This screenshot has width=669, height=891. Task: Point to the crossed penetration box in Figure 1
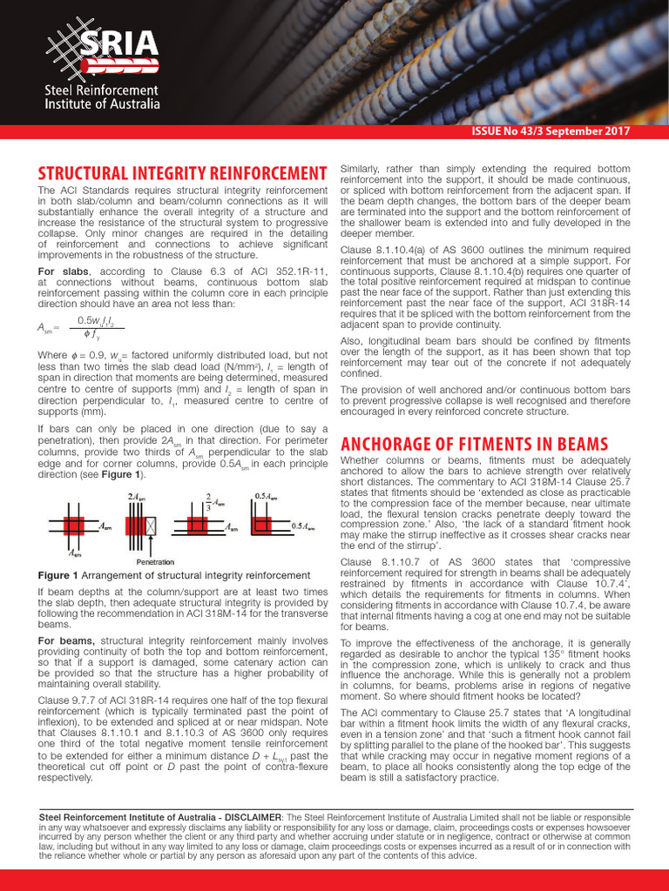point(152,526)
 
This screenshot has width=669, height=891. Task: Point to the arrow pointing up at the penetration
point(152,547)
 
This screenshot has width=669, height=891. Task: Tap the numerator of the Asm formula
point(96,320)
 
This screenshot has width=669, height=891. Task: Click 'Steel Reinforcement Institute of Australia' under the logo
point(103,97)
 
